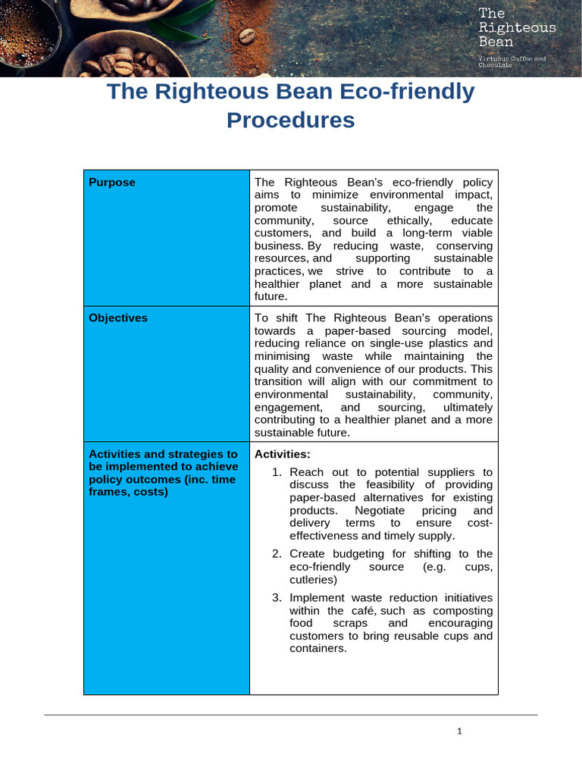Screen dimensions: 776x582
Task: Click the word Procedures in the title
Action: click(x=290, y=120)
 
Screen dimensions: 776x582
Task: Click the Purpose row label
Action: click(x=112, y=182)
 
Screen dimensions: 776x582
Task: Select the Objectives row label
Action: click(x=118, y=318)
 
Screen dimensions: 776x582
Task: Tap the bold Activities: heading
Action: click(x=283, y=454)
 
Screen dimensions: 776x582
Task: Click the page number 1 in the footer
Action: click(x=459, y=731)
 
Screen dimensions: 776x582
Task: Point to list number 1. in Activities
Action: click(x=277, y=472)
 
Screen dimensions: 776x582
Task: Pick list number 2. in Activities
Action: click(x=277, y=554)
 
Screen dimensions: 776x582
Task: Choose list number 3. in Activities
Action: click(x=277, y=598)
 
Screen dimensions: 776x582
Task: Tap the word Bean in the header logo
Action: click(x=496, y=42)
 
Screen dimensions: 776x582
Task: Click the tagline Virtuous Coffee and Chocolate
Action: click(x=512, y=62)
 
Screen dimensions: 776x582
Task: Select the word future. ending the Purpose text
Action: click(x=272, y=296)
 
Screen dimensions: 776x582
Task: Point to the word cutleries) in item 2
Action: click(x=314, y=580)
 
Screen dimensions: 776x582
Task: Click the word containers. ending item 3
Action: click(x=318, y=649)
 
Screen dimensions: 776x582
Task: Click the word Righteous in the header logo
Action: click(x=518, y=27)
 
